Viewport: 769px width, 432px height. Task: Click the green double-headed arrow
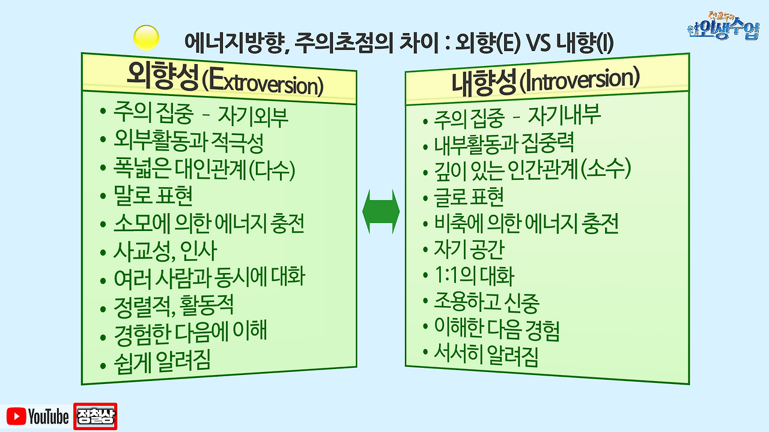pyautogui.click(x=381, y=212)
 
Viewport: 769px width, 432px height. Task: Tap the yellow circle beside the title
pyautogui.click(x=146, y=38)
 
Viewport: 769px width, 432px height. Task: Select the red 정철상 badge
pyautogui.click(x=95, y=416)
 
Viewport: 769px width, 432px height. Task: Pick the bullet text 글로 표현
pyautogui.click(x=469, y=197)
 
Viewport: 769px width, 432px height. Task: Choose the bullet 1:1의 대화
pyautogui.click(x=474, y=277)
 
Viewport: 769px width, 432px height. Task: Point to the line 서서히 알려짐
pyautogui.click(x=486, y=356)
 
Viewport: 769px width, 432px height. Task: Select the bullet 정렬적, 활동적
pyautogui.click(x=174, y=305)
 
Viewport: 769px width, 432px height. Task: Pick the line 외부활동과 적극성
pyautogui.click(x=189, y=142)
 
